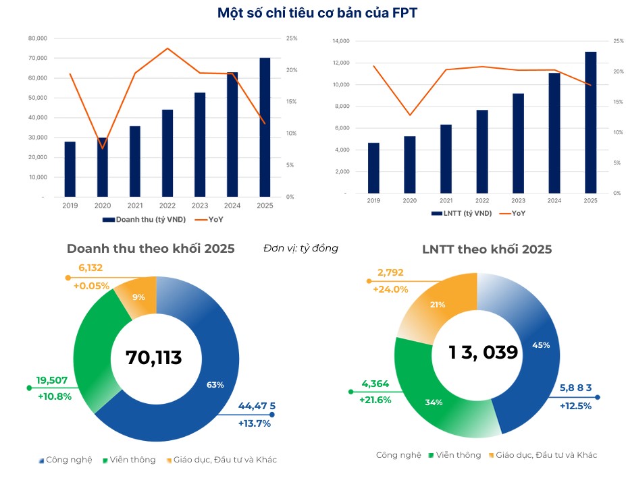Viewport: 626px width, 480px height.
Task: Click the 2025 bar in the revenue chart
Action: click(x=265, y=127)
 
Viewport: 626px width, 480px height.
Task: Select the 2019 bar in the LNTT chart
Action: click(x=373, y=168)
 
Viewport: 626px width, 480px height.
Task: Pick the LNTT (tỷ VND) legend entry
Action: click(x=461, y=213)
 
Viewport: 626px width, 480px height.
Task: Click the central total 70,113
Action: click(x=154, y=357)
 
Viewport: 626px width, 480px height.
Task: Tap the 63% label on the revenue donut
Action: click(x=215, y=385)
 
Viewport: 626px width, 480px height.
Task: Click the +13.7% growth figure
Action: click(x=254, y=423)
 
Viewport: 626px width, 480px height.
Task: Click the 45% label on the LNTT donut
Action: click(x=541, y=344)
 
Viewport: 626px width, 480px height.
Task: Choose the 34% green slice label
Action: click(x=434, y=402)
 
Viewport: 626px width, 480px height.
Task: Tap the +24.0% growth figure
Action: click(x=391, y=289)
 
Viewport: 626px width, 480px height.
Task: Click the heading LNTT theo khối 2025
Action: click(x=486, y=249)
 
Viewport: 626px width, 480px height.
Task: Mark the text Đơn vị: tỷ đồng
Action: click(x=301, y=248)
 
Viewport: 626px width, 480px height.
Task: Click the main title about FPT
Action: click(x=313, y=13)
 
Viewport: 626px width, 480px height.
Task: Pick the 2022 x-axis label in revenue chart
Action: click(x=167, y=206)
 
